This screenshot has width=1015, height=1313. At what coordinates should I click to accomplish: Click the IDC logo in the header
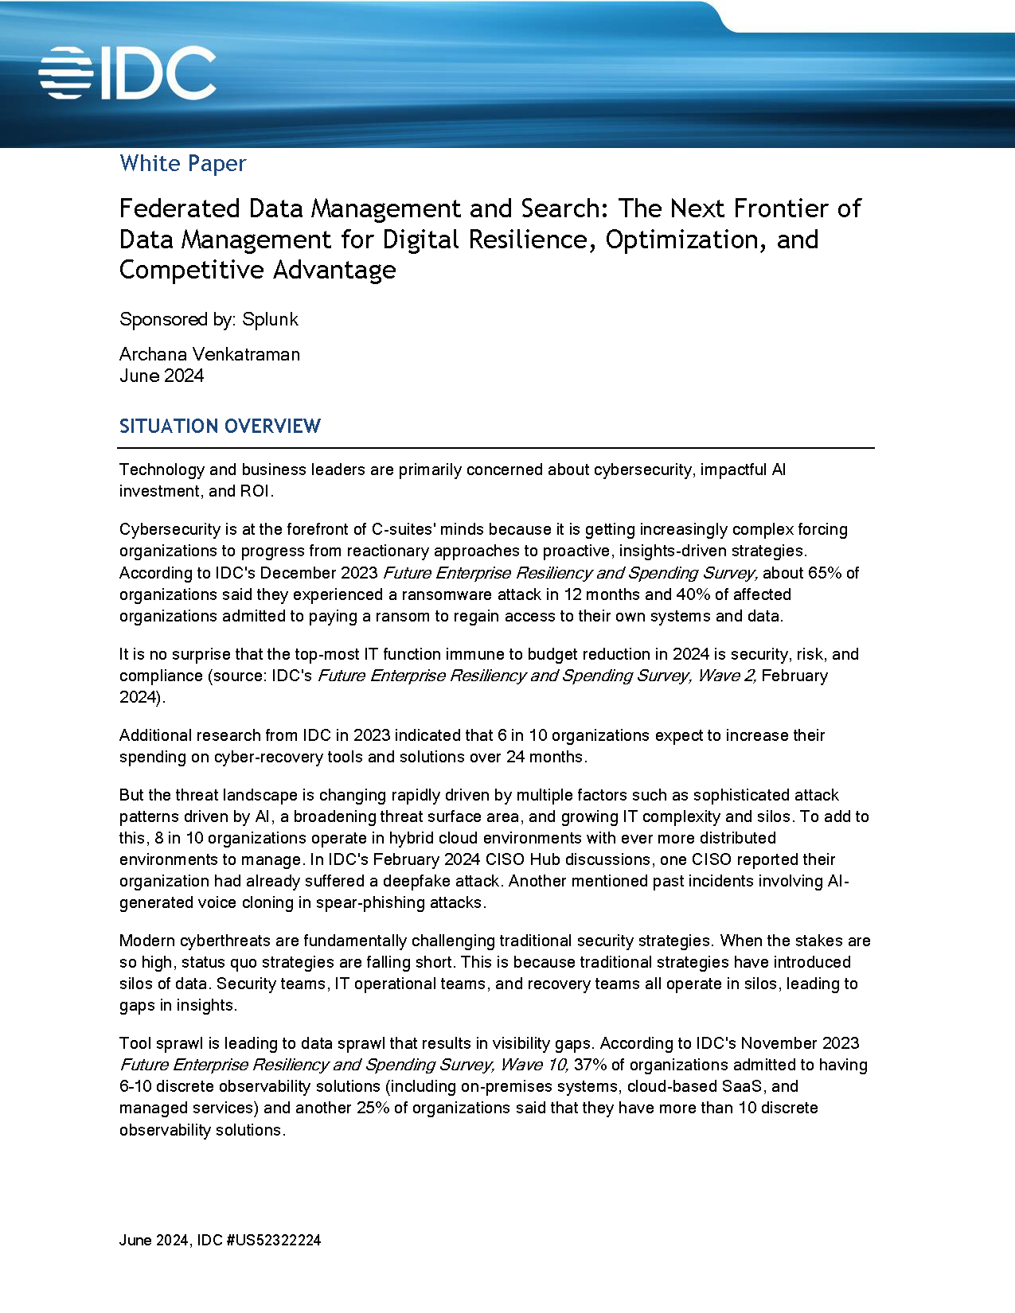coord(127,73)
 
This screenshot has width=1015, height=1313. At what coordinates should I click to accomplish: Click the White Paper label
coord(182,163)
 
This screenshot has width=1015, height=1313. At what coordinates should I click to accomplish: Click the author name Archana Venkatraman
coord(209,354)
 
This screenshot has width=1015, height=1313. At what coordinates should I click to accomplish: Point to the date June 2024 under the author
coord(162,376)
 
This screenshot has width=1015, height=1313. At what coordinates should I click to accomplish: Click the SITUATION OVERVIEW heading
coord(220,426)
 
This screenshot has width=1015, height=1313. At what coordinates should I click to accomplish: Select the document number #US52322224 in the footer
coord(274,1240)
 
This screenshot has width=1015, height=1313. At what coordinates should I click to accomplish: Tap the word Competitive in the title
coord(182,270)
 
